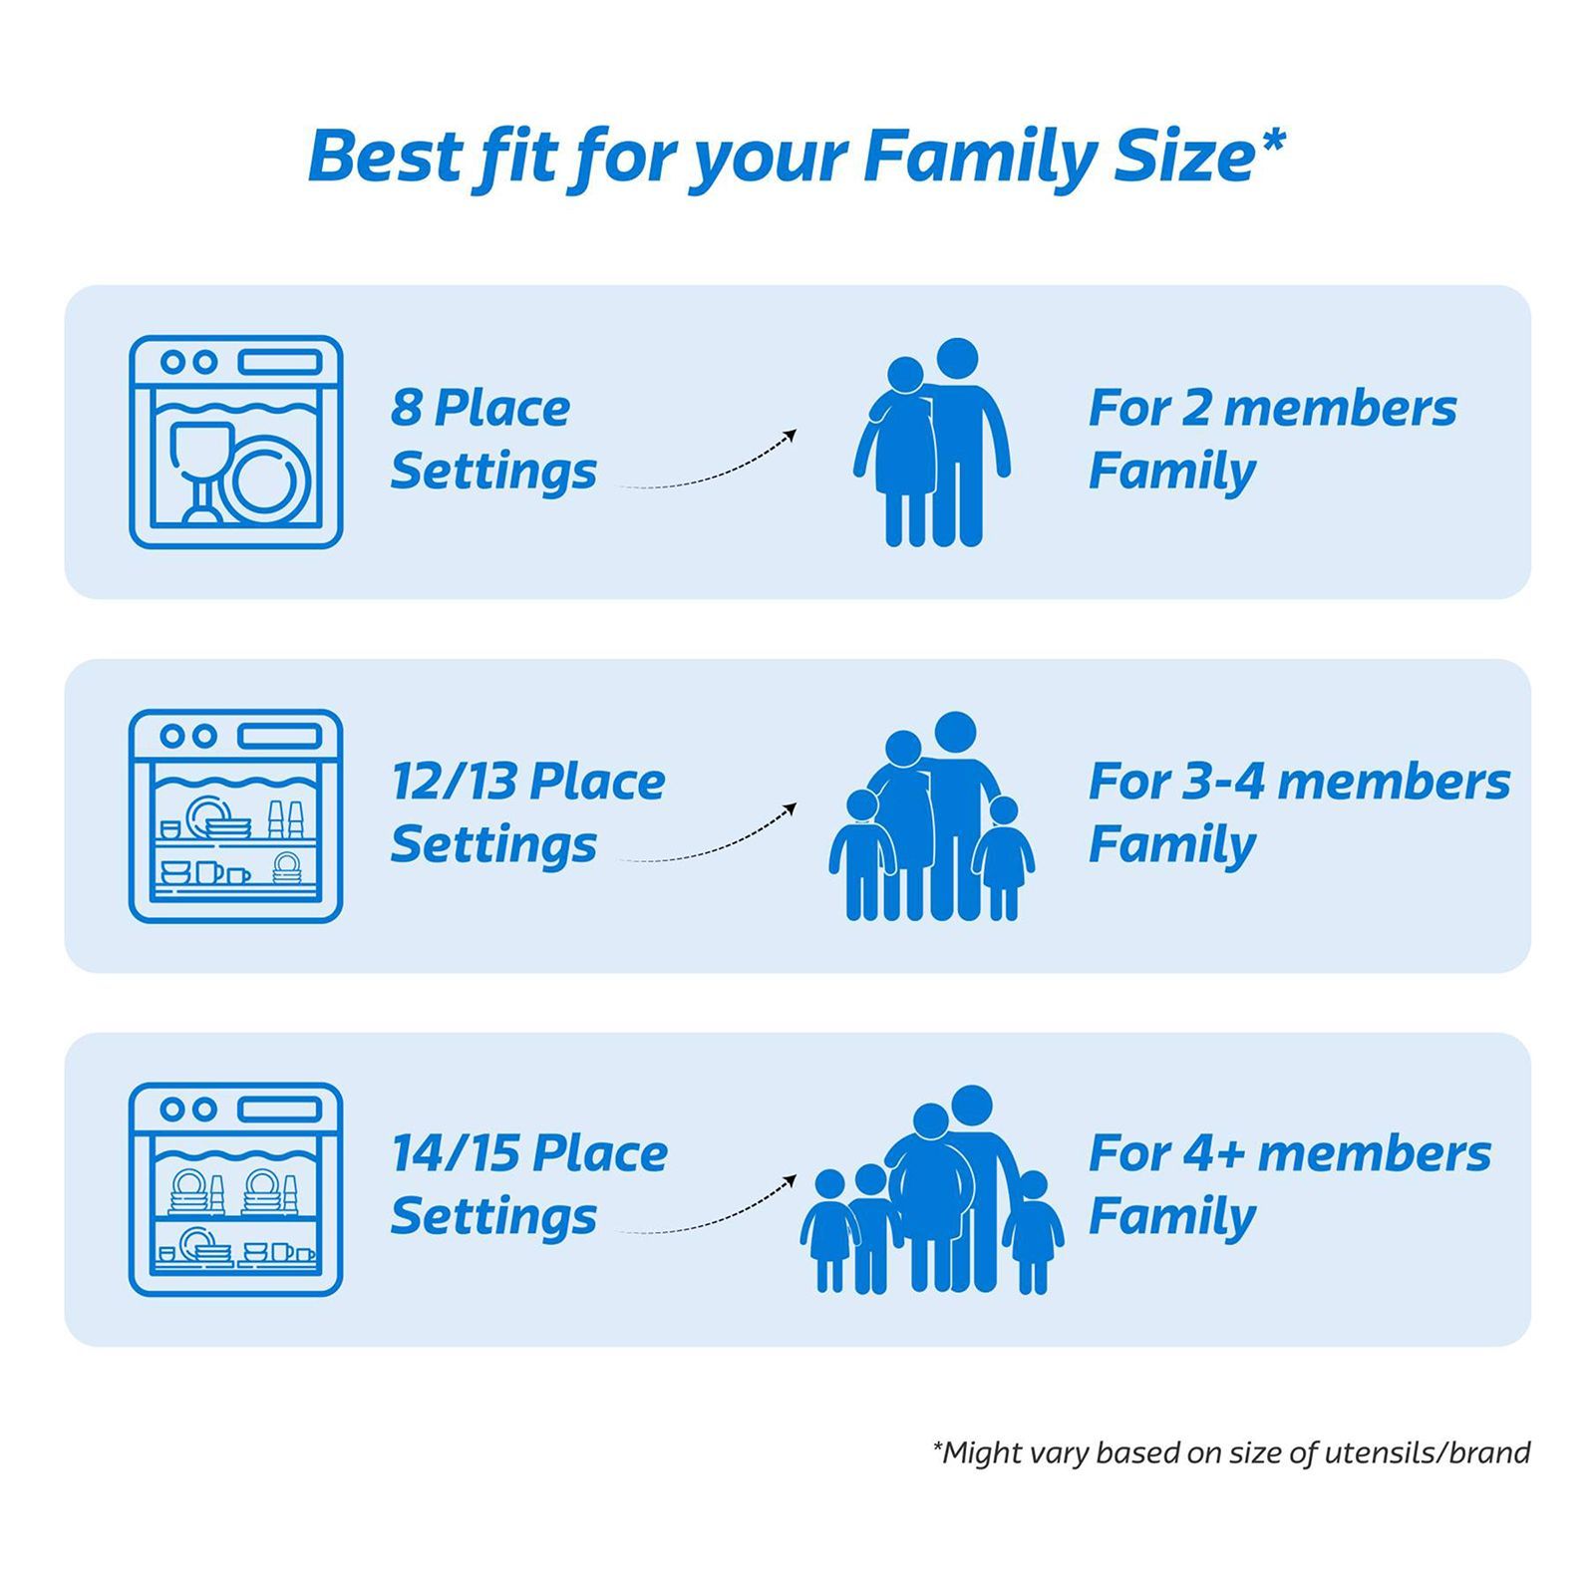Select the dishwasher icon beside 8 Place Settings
(x=236, y=442)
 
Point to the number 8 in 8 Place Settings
(x=406, y=408)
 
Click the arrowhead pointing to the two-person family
(x=790, y=435)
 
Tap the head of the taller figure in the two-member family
(x=957, y=359)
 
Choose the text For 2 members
(x=1272, y=408)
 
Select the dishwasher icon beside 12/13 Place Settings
(x=236, y=815)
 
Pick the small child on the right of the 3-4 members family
(x=1004, y=857)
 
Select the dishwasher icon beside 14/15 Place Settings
(x=236, y=1189)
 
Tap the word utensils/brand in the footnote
(x=1427, y=1452)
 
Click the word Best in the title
(x=384, y=158)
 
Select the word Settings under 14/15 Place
(x=493, y=1217)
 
